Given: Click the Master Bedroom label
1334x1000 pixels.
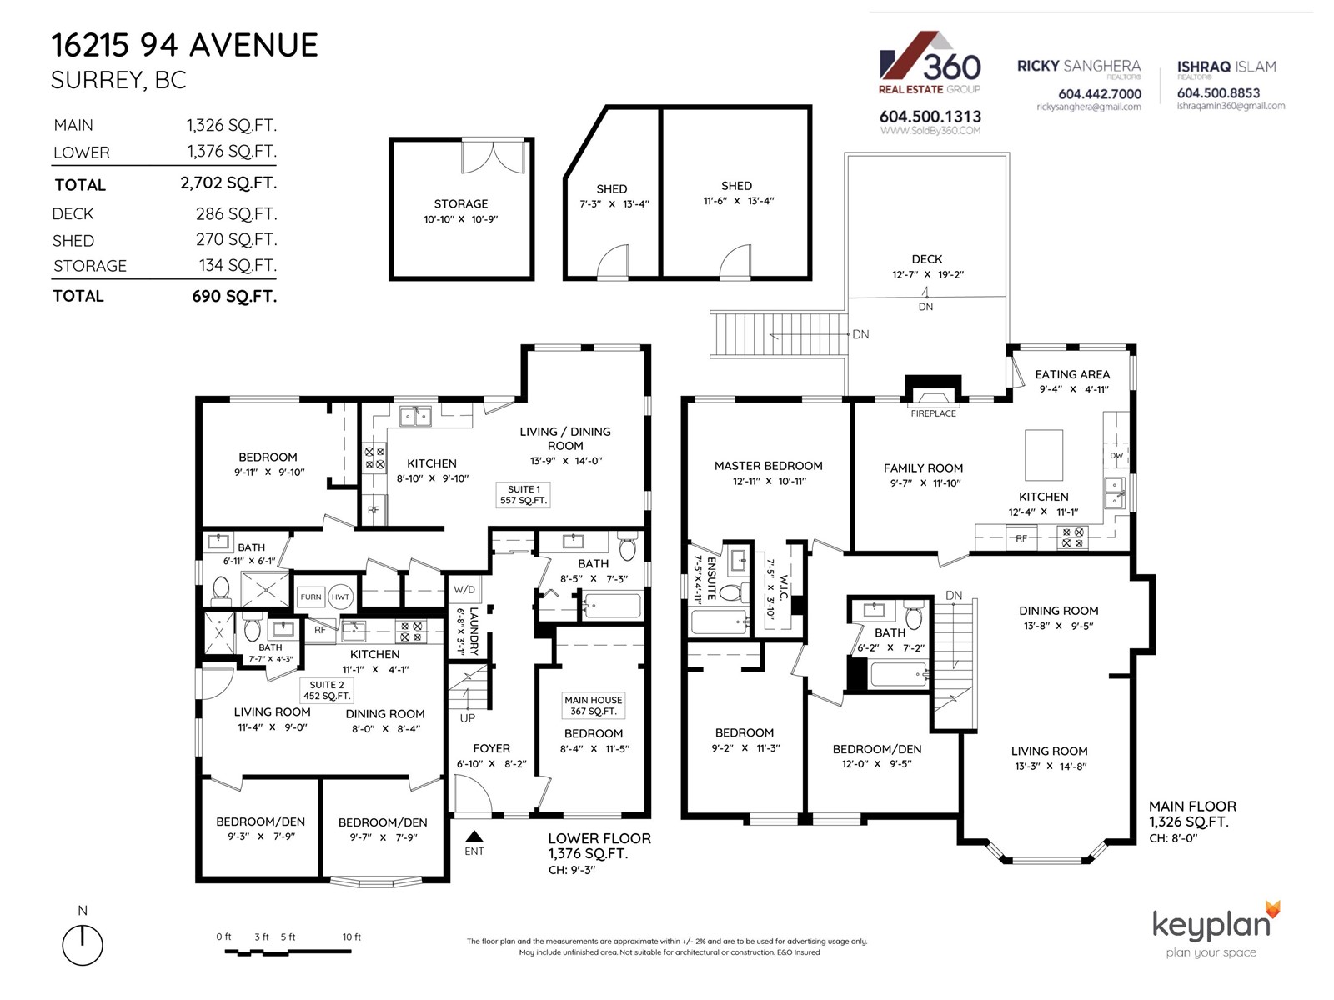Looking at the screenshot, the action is [768, 466].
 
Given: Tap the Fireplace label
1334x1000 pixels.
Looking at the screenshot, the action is [933, 413].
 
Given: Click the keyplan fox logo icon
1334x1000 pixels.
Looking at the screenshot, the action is [1272, 910].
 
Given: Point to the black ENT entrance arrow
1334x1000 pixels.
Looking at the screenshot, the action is [474, 836].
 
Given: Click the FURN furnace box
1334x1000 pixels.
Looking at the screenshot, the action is [310, 597].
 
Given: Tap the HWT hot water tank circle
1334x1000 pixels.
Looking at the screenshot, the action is [340, 597].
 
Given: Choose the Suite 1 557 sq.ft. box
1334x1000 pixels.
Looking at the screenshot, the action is [524, 495].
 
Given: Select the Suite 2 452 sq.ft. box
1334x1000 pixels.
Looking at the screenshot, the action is [327, 690].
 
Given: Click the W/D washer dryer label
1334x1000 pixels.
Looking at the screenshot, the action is [464, 589].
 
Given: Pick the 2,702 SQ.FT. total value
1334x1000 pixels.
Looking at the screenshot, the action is [228, 182].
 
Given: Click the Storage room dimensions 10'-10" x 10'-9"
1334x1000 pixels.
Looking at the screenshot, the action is [461, 219].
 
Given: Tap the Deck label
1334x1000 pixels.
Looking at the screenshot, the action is [927, 259].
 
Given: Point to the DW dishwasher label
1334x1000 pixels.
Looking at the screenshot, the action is [1116, 455].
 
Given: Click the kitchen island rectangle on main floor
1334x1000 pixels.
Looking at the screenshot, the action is [1044, 455].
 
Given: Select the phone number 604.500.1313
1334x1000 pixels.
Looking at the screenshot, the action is [930, 117].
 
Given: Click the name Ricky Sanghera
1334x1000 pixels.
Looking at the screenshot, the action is [1079, 66].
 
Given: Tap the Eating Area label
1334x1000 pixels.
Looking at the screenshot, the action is [1072, 375].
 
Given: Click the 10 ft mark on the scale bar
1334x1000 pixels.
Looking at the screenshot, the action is [351, 937].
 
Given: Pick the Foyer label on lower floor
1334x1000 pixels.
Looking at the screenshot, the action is [492, 748].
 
